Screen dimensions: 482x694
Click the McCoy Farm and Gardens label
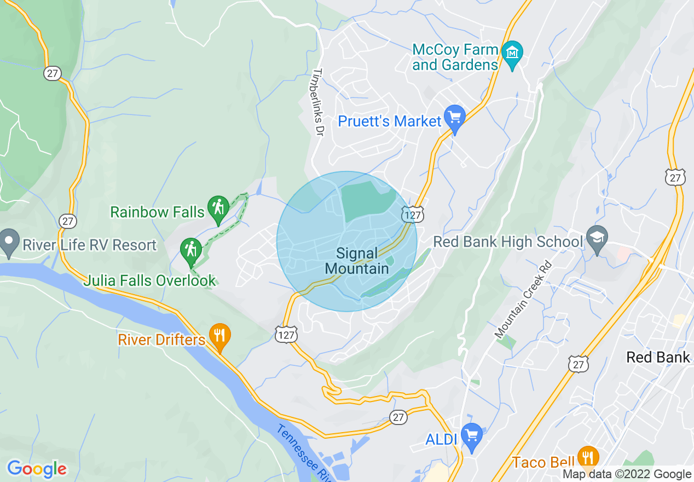(455, 58)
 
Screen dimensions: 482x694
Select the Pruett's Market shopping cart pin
(455, 118)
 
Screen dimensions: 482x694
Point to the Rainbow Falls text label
(157, 211)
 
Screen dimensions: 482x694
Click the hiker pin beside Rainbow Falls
(218, 209)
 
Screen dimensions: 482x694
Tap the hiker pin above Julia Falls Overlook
(191, 251)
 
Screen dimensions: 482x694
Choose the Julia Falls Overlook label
(149, 281)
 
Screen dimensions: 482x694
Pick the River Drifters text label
(161, 340)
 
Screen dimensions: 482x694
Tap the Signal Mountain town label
(357, 261)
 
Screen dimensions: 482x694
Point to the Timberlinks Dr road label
(320, 102)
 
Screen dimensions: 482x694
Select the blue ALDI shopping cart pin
(471, 436)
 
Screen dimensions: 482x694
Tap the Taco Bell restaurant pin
(587, 458)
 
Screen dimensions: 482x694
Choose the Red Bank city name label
(658, 358)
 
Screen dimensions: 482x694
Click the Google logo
(37, 469)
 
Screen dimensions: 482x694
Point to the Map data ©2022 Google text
(627, 474)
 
